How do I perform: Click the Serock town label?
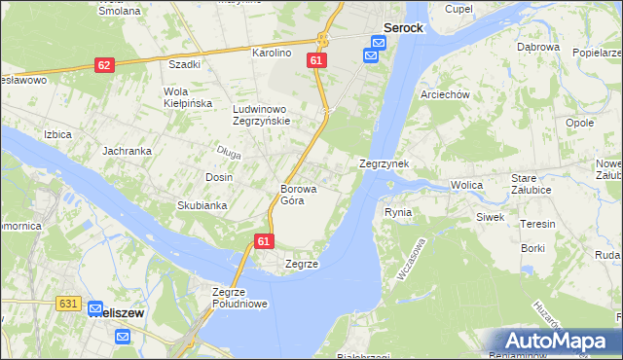click(403, 28)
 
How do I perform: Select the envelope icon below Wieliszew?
click(123, 337)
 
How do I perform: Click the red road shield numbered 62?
click(105, 64)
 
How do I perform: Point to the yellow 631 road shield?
click(67, 304)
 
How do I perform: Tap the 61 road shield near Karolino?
click(315, 60)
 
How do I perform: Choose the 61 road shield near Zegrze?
click(263, 239)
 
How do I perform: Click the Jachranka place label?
click(127, 152)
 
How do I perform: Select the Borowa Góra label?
click(292, 194)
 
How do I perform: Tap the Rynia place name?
click(398, 211)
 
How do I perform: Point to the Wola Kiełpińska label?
click(167, 97)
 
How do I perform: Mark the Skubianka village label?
click(202, 205)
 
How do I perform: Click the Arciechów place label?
click(445, 94)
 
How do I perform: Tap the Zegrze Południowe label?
click(239, 297)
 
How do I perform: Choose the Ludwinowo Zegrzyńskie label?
click(261, 115)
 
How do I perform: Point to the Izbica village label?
click(57, 134)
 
